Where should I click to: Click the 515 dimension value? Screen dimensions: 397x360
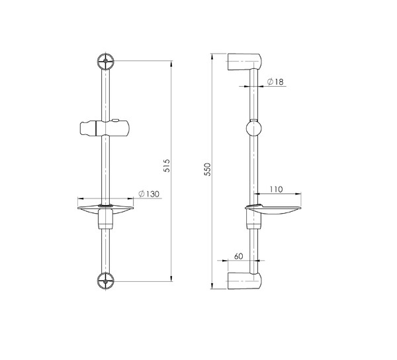point(167,166)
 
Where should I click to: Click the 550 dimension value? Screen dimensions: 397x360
point(207,169)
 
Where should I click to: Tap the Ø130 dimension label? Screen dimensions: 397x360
point(149,194)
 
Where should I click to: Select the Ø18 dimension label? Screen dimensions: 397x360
point(275,82)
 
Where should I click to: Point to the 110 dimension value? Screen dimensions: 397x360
point(276,189)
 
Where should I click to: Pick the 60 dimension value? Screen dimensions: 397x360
point(238,256)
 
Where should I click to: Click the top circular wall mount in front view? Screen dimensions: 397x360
point(106,61)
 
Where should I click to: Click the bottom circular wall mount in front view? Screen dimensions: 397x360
point(106,281)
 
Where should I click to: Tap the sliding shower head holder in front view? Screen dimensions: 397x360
point(105,128)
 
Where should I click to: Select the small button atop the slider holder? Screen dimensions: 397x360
point(116,120)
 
